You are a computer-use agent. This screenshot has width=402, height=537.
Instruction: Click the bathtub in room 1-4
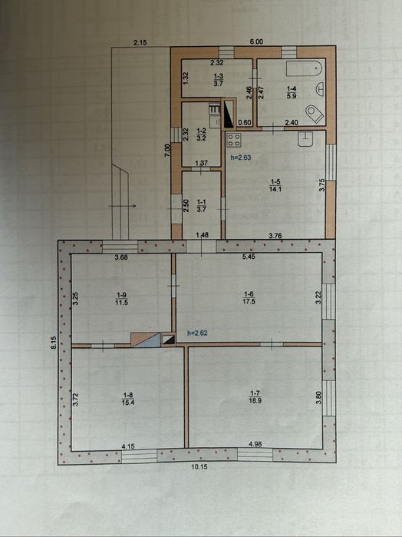point(305,69)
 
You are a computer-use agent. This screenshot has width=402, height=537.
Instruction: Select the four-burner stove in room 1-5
point(234,140)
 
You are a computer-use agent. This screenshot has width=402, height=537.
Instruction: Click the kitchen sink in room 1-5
point(305,139)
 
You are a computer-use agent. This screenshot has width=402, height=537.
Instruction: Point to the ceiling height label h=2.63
point(241,157)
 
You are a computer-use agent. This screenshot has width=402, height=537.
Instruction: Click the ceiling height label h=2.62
point(197,333)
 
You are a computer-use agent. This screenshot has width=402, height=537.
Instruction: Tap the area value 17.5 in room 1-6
point(249,302)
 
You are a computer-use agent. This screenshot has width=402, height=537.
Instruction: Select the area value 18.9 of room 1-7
point(255,400)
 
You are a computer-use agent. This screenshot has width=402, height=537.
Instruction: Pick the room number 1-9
point(122,295)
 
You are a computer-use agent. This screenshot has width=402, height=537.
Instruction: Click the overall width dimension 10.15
point(199,466)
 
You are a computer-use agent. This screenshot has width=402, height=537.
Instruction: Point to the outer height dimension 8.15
point(54,343)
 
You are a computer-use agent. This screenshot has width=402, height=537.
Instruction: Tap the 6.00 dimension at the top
point(256,41)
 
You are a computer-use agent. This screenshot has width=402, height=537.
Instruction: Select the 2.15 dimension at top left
point(140,42)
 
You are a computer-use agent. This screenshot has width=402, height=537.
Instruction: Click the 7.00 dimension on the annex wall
point(167,150)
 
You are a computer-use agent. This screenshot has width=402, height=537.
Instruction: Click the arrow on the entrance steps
point(122,206)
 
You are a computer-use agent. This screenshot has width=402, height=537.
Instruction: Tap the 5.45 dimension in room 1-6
point(249,257)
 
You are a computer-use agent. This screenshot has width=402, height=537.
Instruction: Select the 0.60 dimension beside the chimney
point(245,122)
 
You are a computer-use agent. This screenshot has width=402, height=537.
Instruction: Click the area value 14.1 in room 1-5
point(275,189)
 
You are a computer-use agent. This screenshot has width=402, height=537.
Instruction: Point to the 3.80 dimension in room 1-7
point(318,398)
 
